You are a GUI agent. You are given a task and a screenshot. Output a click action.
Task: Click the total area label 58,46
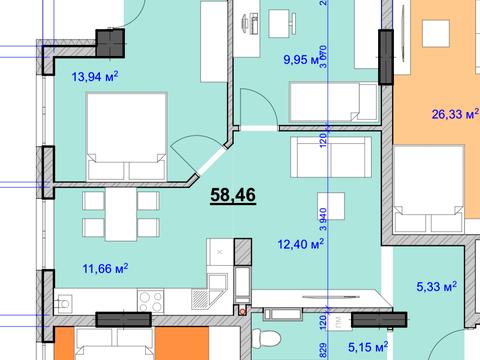coord(233,194)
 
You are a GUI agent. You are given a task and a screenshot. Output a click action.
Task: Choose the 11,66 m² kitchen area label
coord(105,267)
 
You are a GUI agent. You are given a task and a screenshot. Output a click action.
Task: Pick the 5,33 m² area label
coord(435,286)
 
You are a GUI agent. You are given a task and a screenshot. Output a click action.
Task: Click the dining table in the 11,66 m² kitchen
coord(121,213)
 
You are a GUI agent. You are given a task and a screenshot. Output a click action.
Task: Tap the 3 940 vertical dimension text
coord(324,215)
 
